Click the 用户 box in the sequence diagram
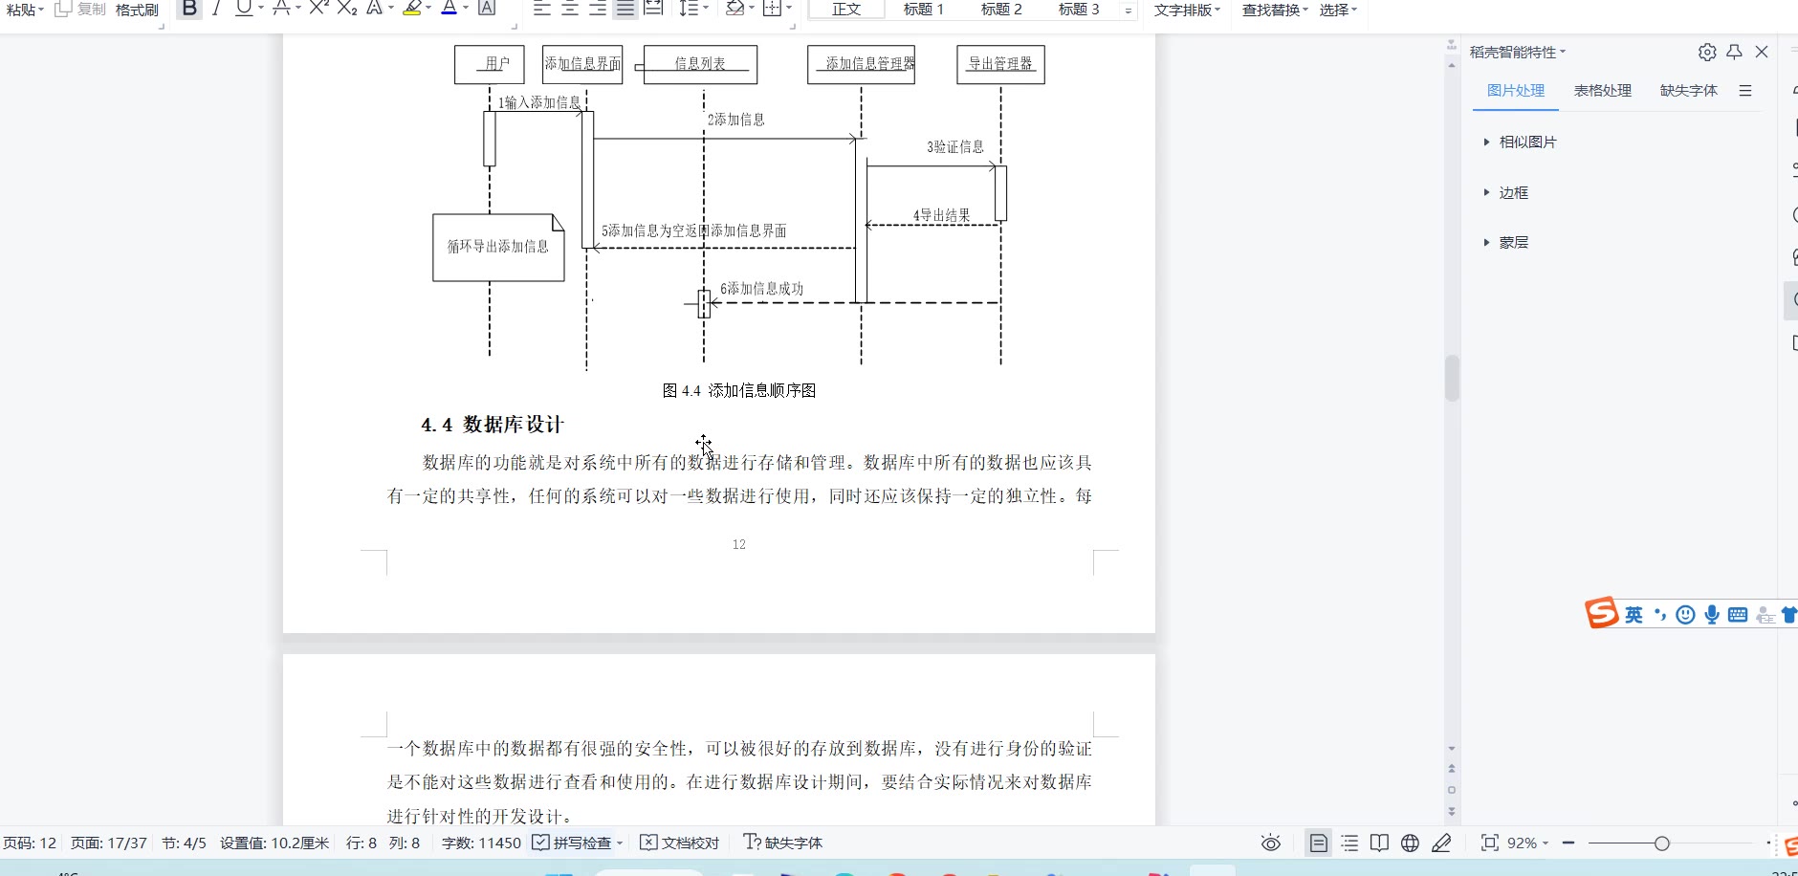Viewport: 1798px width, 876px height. tap(489, 64)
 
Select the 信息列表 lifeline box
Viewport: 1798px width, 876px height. tap(700, 64)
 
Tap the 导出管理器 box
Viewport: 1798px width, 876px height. tap(1000, 64)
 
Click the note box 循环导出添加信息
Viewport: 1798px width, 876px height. tap(498, 247)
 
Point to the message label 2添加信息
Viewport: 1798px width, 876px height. tap(736, 120)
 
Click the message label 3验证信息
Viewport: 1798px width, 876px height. tap(954, 146)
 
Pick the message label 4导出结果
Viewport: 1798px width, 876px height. tap(941, 215)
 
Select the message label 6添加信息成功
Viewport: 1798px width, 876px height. tap(761, 288)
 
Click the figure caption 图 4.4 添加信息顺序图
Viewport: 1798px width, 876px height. tap(738, 390)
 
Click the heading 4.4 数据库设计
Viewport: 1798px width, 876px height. tap(493, 425)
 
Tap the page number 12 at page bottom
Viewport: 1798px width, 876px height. tap(738, 544)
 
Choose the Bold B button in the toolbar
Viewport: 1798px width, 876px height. tap(189, 9)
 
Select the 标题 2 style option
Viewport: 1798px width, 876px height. tap(1001, 10)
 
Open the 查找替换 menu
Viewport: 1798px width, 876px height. tap(1274, 10)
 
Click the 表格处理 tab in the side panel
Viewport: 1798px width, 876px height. tap(1602, 90)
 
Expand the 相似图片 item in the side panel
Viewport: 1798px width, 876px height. tap(1526, 142)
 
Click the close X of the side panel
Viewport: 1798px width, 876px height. tap(1762, 52)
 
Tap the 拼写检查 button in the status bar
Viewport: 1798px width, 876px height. tap(578, 843)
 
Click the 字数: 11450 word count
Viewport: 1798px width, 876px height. tap(481, 843)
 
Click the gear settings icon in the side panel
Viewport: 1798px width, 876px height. tap(1707, 52)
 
